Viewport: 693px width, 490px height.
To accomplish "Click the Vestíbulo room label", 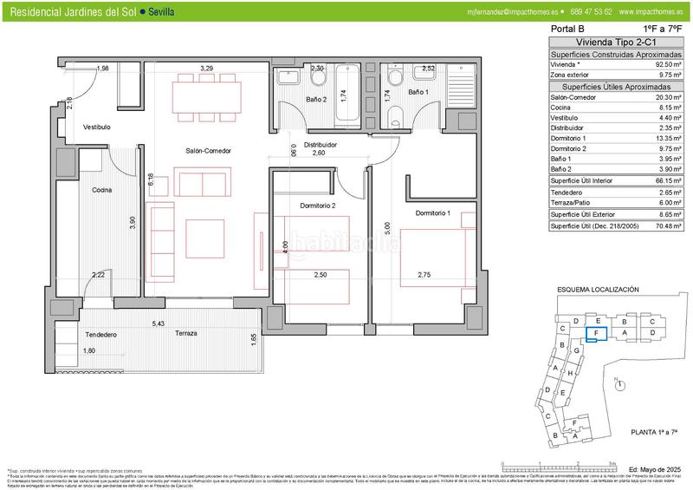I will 97,127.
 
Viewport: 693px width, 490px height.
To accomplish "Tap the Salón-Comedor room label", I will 208,151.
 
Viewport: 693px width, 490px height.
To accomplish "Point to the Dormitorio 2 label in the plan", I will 317,206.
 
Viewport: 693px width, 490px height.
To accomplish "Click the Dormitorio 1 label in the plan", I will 433,212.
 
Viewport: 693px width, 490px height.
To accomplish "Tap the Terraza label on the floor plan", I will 185,333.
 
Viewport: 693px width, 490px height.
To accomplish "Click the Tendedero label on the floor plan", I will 100,335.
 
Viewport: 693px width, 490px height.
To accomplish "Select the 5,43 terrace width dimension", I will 159,323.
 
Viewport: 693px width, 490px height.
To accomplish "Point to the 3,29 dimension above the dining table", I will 206,68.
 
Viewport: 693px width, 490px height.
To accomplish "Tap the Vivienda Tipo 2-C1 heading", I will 611,42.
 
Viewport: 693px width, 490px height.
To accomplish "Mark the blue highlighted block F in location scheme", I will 596,333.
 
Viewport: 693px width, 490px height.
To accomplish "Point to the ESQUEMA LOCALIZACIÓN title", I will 597,289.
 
